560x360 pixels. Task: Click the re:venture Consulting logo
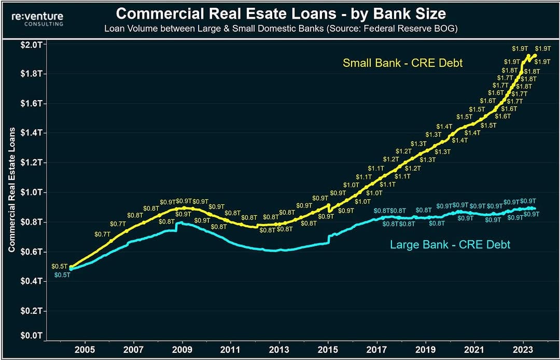(37, 19)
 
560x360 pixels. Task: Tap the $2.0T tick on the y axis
(33, 45)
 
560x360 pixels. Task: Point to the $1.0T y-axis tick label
(33, 192)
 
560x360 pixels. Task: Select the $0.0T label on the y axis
(33, 336)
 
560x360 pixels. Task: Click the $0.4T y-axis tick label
(33, 282)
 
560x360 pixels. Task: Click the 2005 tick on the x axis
(85, 349)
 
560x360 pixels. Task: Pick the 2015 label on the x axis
(328, 349)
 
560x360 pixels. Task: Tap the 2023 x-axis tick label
(523, 349)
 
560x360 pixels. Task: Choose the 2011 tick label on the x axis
(230, 349)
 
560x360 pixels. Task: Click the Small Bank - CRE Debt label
(402, 63)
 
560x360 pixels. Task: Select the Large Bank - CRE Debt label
(450, 245)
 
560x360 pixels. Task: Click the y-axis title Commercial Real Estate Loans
(12, 190)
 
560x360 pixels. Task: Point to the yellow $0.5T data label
(59, 267)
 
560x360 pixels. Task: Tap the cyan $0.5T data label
(62, 274)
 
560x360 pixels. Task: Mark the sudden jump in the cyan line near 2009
(176, 227)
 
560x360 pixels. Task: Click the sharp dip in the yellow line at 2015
(329, 208)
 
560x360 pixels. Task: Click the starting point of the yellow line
(71, 267)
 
